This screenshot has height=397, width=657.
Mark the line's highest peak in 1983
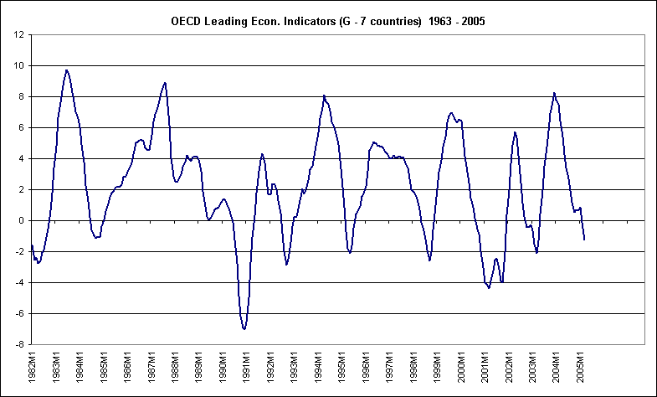(x=67, y=70)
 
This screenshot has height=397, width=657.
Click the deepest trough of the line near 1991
(x=244, y=329)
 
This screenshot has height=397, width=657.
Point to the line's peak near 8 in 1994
(x=324, y=95)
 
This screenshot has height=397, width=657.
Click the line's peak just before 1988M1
(x=165, y=82)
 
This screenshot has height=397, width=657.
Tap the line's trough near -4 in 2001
(x=489, y=288)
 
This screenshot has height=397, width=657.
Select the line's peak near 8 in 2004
(x=554, y=93)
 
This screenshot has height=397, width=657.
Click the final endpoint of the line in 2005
(x=584, y=240)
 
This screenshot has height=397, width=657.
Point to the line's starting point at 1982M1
(x=31, y=245)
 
